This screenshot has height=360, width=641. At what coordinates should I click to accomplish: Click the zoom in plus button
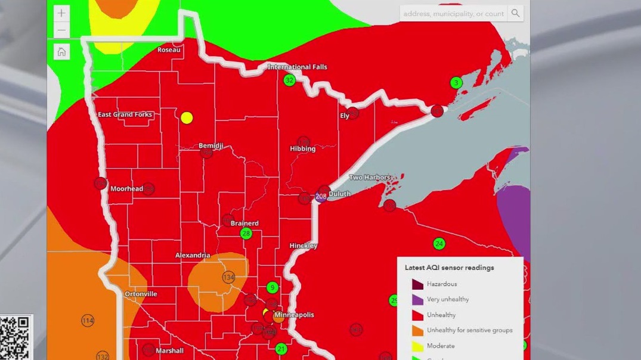61,13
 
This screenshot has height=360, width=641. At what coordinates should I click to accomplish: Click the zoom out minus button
61,30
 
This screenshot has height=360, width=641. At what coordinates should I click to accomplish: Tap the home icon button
61,52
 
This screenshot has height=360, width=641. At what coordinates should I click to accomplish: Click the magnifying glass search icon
515,13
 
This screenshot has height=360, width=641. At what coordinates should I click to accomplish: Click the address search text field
453,13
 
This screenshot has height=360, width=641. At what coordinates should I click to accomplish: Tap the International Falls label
297,67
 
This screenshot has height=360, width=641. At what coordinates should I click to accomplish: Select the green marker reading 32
289,80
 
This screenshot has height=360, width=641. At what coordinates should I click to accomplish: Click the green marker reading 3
456,83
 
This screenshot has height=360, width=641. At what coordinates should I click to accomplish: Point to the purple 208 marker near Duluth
321,197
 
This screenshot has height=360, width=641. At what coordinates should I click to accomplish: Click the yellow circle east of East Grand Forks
187,118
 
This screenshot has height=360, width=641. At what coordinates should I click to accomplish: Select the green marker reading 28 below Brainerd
246,234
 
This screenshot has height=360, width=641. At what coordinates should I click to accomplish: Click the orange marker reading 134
228,277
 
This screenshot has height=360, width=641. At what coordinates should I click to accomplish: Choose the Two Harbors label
370,178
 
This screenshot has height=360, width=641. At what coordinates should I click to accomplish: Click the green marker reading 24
439,243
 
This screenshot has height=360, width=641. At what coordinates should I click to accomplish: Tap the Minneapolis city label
294,315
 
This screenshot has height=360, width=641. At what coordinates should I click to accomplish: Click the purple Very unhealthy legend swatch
417,299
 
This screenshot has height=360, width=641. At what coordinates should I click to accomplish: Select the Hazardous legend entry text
442,284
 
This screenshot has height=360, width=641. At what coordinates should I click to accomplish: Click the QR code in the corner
15,339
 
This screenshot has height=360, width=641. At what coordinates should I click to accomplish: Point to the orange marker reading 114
88,321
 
